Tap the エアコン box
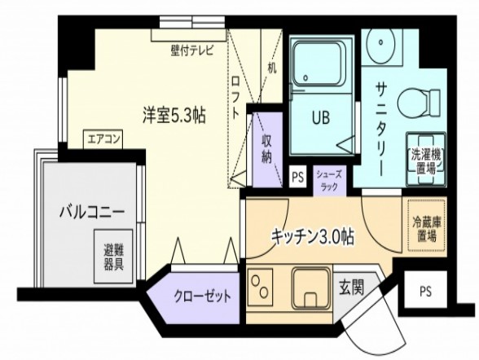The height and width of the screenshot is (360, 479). [103, 139]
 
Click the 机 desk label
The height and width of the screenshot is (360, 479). [271, 68]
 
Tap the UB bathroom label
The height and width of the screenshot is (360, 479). [319, 116]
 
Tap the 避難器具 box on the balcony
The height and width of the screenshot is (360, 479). [113, 256]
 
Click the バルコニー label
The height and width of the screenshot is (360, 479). [91, 213]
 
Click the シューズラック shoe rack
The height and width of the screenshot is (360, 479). [329, 179]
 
